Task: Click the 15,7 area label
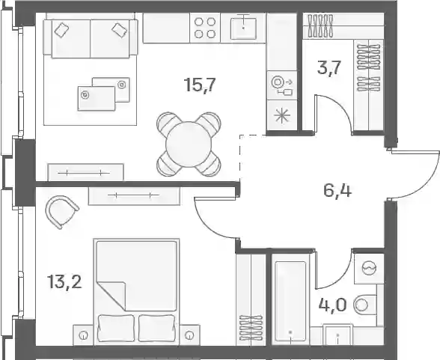coord(200,85)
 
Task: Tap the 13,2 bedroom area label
coord(65,281)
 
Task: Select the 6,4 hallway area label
coord(337,191)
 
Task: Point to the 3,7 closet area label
coord(329,67)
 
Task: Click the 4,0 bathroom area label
coord(333,305)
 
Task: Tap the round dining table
coord(189,144)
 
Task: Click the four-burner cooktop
coord(205,28)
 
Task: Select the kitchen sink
coord(243,28)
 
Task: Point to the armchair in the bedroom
coord(62,211)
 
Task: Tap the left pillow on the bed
coord(116,328)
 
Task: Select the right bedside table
coord(190,335)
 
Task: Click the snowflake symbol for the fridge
coord(282,115)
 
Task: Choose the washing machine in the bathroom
coord(369,269)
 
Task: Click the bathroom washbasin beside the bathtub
coord(337,335)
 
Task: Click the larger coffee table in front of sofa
coord(97,99)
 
